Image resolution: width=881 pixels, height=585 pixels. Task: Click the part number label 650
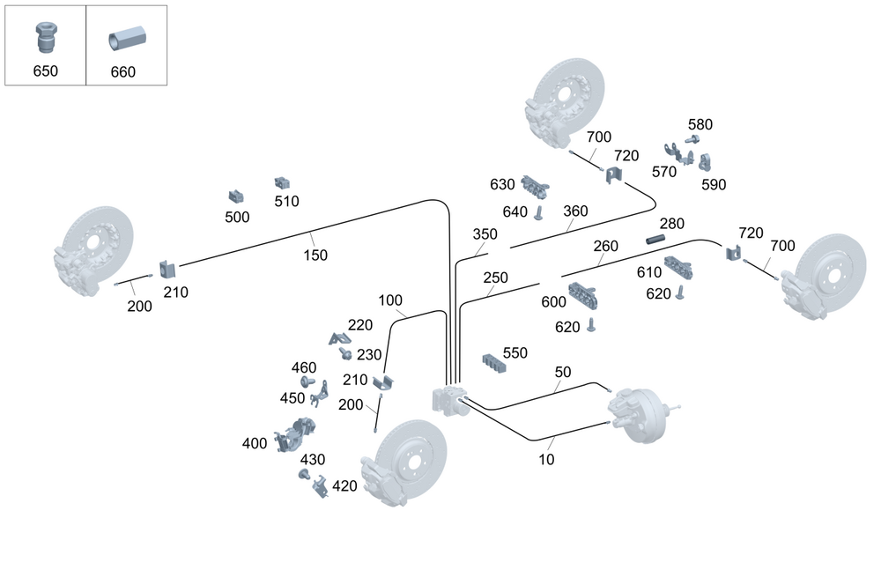tap(45, 70)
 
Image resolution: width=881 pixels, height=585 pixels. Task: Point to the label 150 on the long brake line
tap(315, 255)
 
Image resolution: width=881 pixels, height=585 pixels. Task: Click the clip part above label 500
tap(237, 196)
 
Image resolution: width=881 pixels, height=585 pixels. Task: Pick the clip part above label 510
tap(283, 182)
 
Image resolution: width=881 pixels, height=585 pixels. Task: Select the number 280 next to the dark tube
tap(671, 224)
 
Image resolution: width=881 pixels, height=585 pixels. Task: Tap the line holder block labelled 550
tap(494, 363)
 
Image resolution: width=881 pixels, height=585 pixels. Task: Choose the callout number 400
tap(255, 443)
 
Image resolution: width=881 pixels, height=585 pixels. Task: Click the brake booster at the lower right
tap(639, 414)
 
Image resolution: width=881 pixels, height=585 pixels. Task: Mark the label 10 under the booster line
tap(545, 459)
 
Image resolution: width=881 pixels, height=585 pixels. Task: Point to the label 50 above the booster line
tap(563, 373)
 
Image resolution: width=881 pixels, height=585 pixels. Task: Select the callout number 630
tap(502, 184)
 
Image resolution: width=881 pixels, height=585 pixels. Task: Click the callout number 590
tap(714, 185)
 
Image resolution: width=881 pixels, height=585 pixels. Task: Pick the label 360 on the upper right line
tap(575, 211)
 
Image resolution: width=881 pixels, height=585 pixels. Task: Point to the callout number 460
tap(304, 367)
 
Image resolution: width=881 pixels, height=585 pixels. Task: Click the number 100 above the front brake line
tap(390, 300)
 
